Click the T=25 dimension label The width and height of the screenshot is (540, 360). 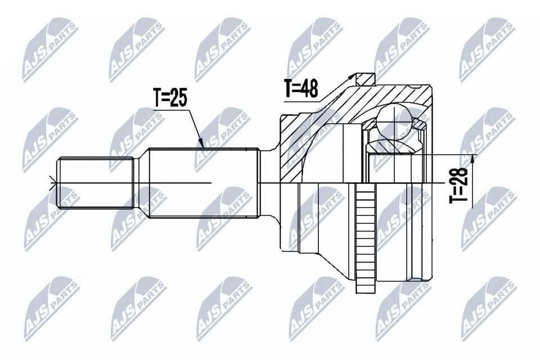click(x=170, y=98)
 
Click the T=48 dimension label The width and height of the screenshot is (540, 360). click(x=301, y=88)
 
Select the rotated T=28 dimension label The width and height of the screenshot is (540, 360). click(x=458, y=185)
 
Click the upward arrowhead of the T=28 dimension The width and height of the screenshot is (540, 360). click(x=472, y=159)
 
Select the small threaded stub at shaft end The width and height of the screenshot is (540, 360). click(x=95, y=183)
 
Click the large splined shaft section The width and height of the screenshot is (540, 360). click(x=204, y=183)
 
